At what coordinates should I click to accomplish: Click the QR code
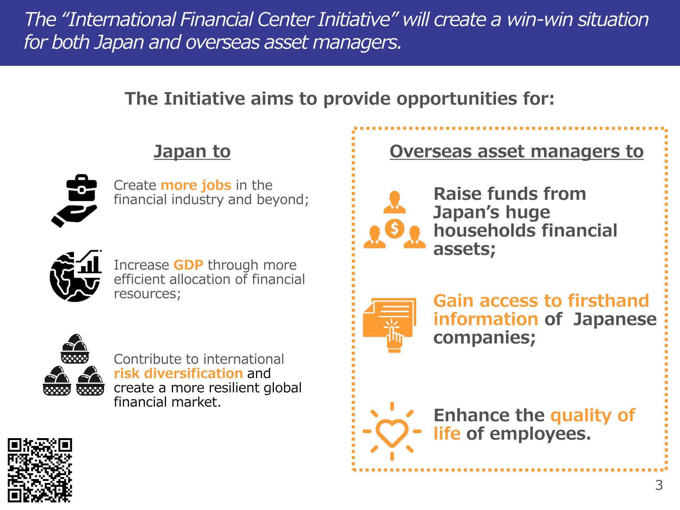click(x=40, y=470)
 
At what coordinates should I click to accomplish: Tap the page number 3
click(x=659, y=485)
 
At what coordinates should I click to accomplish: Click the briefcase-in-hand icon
click(x=74, y=201)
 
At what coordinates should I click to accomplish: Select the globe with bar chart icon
click(x=76, y=276)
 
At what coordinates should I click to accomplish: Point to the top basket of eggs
click(x=75, y=349)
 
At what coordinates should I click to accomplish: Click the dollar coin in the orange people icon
click(x=394, y=228)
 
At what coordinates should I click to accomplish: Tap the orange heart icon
click(x=392, y=431)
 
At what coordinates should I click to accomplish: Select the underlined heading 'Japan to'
click(x=192, y=152)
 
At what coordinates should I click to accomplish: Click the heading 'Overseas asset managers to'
click(x=516, y=152)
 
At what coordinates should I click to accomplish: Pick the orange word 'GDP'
click(x=189, y=265)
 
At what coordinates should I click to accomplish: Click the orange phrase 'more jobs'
click(x=196, y=185)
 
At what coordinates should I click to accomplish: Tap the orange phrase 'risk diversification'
click(x=178, y=374)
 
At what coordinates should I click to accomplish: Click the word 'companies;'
click(x=485, y=337)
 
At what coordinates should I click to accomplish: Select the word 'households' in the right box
click(x=484, y=230)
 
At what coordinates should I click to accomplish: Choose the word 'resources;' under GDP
click(x=147, y=294)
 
